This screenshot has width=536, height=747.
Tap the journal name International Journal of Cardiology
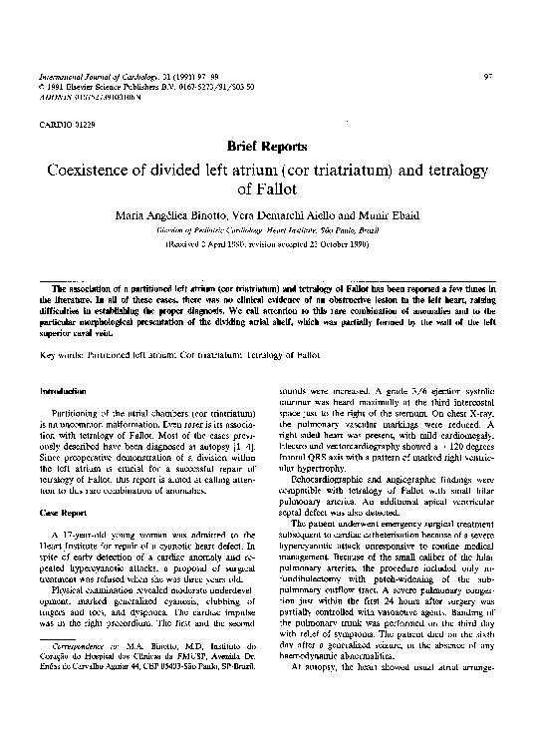point(96,76)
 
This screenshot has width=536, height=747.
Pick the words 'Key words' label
point(62,354)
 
